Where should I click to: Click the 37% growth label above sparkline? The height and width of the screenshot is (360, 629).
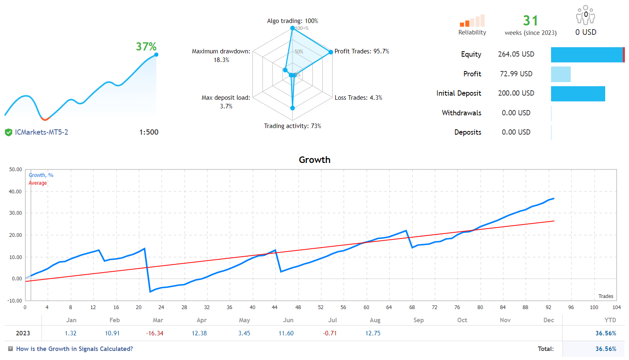(x=146, y=47)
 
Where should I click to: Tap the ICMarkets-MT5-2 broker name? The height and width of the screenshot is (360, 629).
(x=41, y=132)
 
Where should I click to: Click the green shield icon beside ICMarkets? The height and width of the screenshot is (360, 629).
(x=8, y=132)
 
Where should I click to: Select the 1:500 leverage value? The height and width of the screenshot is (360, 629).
(x=149, y=132)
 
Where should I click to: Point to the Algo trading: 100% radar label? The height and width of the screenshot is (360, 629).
(x=292, y=21)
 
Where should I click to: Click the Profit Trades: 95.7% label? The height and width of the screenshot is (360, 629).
(x=361, y=51)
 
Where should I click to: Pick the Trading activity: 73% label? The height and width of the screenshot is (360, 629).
(x=292, y=126)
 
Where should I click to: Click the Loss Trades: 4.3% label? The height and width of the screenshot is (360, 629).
(x=358, y=98)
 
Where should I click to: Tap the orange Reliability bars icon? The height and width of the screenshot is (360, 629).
(x=472, y=21)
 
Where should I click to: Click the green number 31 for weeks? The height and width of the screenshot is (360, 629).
(x=530, y=21)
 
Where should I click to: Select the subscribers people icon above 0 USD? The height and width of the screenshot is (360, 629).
(x=586, y=15)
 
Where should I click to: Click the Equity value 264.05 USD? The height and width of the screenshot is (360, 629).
(x=516, y=54)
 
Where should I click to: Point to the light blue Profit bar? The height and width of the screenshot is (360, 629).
(x=560, y=74)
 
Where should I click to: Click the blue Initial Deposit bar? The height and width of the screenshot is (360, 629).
(x=578, y=94)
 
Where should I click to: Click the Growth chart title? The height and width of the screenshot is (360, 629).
(x=314, y=160)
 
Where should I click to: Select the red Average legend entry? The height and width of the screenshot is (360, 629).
(x=38, y=183)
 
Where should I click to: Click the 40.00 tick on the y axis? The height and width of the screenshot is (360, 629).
(x=16, y=191)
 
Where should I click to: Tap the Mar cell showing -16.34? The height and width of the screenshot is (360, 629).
(x=155, y=333)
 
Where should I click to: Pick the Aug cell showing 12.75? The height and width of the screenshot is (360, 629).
(x=373, y=333)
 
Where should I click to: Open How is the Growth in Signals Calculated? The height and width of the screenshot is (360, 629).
(x=74, y=349)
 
